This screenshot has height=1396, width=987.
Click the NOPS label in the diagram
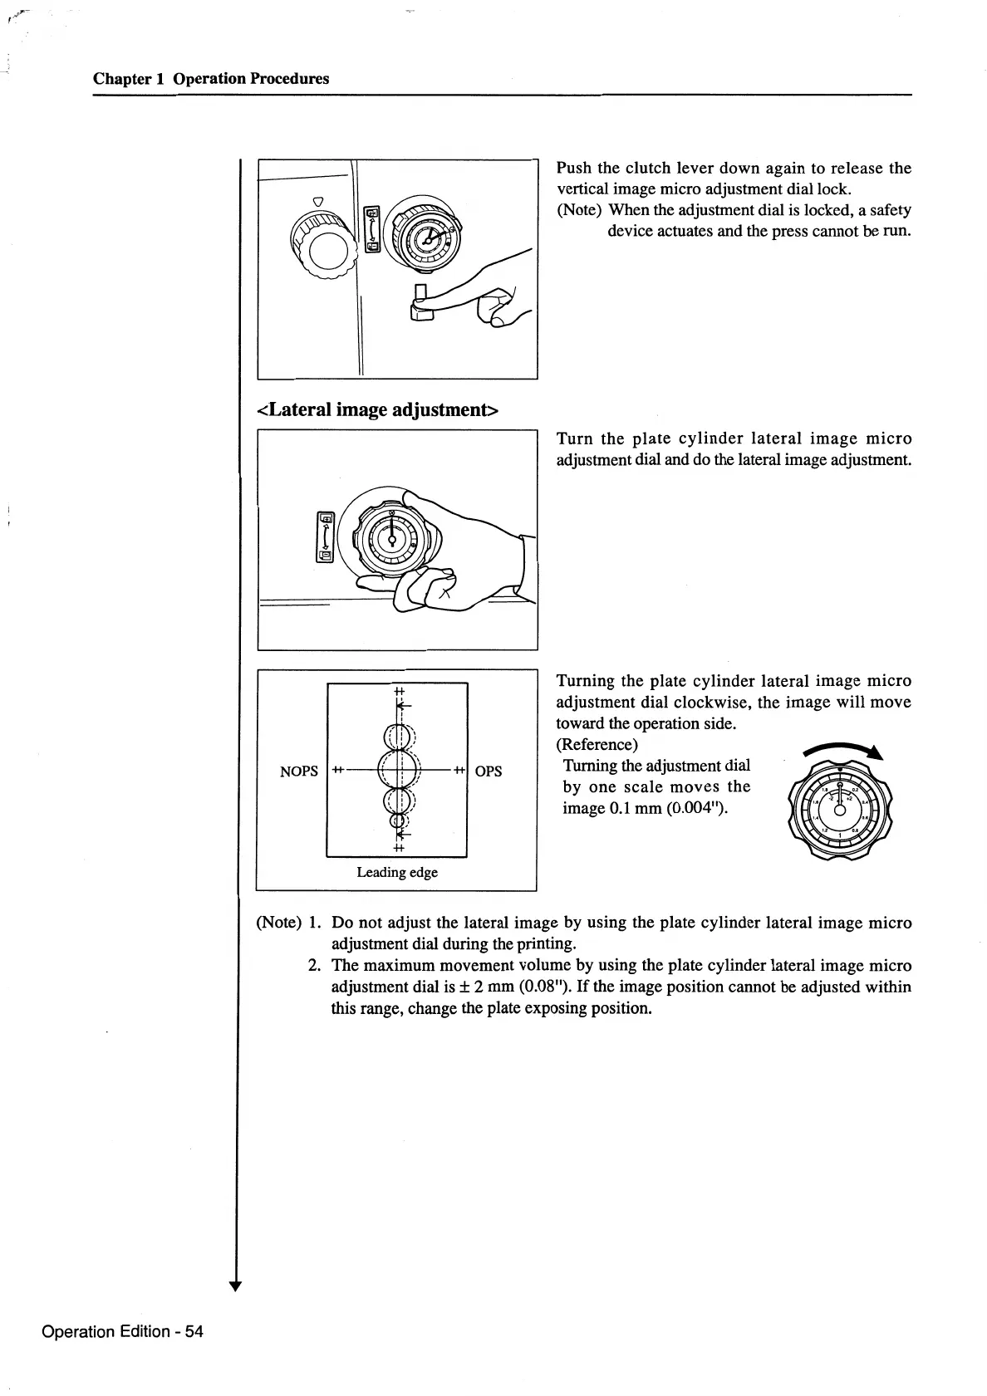(x=299, y=771)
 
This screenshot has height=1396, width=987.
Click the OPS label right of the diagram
(x=489, y=771)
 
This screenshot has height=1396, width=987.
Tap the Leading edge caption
(x=397, y=872)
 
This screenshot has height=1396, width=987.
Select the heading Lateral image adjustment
(x=378, y=409)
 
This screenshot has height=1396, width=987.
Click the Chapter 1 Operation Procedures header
(x=211, y=79)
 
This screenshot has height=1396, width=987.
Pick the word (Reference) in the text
(x=597, y=744)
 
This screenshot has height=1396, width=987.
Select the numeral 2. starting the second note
(x=314, y=966)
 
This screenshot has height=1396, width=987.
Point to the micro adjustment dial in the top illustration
(x=425, y=238)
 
